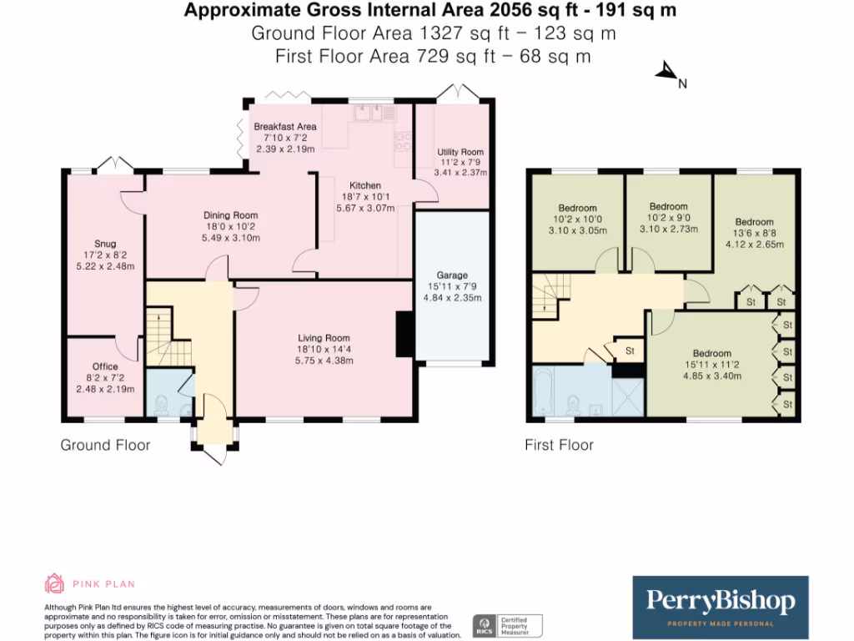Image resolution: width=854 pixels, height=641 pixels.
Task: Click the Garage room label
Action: [x=452, y=275]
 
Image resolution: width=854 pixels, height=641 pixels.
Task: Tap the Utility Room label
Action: [x=460, y=152]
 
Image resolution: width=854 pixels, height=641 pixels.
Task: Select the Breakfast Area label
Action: [x=285, y=127]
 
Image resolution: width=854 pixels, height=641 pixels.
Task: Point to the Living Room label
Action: [x=324, y=338]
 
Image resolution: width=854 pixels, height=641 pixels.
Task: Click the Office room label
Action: [x=105, y=366]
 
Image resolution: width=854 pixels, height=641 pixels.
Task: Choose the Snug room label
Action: [x=105, y=244]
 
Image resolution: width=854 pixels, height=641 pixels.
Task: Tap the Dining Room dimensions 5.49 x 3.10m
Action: [x=231, y=238]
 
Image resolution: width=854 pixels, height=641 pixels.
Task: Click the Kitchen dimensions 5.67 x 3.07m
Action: [x=365, y=208]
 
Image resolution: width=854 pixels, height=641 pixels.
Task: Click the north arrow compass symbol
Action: [x=666, y=71]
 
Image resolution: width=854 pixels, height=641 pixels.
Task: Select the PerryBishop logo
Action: [x=720, y=608]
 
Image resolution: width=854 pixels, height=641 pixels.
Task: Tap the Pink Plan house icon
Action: [x=54, y=583]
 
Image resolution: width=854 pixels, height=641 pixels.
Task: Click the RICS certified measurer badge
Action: [x=507, y=626]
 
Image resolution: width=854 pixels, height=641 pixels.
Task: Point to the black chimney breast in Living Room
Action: [x=404, y=334]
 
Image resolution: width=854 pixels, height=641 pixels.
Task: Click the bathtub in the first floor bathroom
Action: [x=544, y=391]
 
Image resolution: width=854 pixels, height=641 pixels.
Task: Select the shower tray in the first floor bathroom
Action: [x=628, y=396]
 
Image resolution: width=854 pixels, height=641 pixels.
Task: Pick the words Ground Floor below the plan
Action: [x=105, y=445]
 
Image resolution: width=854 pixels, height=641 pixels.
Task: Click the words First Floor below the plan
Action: [x=559, y=445]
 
